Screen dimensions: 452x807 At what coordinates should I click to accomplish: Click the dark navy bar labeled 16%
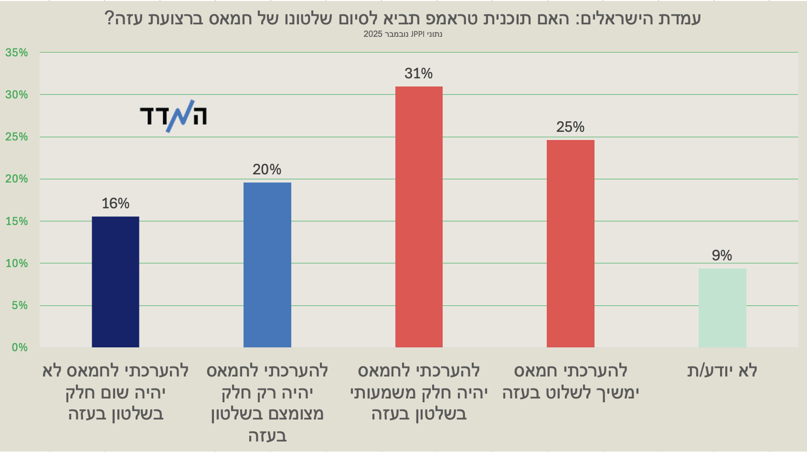(x=116, y=282)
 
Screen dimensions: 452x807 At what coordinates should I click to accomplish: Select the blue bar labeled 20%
(x=267, y=265)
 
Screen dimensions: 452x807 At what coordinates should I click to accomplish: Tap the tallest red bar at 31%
(x=419, y=217)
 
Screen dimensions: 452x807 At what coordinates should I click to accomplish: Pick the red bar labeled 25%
(x=571, y=244)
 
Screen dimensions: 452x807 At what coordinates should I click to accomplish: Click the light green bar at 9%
(x=722, y=308)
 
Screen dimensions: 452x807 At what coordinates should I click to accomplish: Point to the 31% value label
(x=418, y=74)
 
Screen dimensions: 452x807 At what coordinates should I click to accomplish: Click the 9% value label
(x=722, y=256)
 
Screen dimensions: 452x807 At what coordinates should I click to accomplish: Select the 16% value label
(x=116, y=204)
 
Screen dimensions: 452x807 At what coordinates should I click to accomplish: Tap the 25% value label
(x=570, y=127)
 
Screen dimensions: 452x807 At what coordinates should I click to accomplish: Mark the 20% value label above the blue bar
(x=267, y=170)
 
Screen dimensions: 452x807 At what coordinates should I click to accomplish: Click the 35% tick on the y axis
(x=17, y=53)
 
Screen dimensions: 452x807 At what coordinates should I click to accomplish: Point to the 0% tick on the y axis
(x=20, y=347)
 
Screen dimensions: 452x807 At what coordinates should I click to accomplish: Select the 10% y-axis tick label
(x=17, y=263)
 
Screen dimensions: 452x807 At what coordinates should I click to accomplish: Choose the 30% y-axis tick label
(x=17, y=95)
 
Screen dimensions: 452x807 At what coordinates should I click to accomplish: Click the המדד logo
(x=173, y=116)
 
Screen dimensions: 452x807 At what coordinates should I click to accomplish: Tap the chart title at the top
(x=403, y=18)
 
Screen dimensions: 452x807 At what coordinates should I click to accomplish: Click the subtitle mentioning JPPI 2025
(x=403, y=34)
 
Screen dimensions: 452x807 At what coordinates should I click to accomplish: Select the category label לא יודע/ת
(x=722, y=371)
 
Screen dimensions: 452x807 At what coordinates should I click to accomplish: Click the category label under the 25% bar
(x=571, y=382)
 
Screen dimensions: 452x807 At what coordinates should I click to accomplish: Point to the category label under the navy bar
(x=116, y=392)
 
